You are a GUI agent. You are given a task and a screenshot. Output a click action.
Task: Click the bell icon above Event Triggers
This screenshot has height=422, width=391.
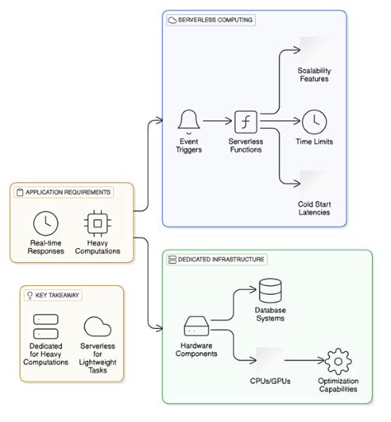point(191,120)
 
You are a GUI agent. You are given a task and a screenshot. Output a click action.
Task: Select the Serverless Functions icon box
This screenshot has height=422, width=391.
point(246,122)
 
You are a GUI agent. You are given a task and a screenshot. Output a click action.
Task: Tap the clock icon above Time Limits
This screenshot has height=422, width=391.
point(313,122)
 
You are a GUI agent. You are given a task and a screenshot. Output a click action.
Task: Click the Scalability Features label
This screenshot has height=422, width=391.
point(313,75)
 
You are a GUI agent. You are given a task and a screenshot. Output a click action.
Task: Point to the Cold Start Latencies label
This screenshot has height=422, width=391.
point(313,207)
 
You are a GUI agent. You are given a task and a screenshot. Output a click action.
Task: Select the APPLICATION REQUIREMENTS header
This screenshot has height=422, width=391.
point(63,192)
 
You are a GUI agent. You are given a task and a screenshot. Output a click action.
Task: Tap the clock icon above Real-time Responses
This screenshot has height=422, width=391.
point(45,223)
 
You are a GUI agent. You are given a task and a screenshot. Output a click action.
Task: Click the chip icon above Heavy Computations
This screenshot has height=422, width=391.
point(98,223)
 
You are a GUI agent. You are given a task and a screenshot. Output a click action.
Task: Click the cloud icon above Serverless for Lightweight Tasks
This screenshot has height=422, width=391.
point(97,325)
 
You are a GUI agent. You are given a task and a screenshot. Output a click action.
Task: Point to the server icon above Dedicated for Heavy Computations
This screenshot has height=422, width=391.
point(45,325)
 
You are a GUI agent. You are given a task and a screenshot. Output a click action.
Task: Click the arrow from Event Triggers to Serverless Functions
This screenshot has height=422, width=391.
point(218,122)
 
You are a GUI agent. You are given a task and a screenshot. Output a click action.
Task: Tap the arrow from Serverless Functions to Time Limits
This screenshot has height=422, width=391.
point(280,122)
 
